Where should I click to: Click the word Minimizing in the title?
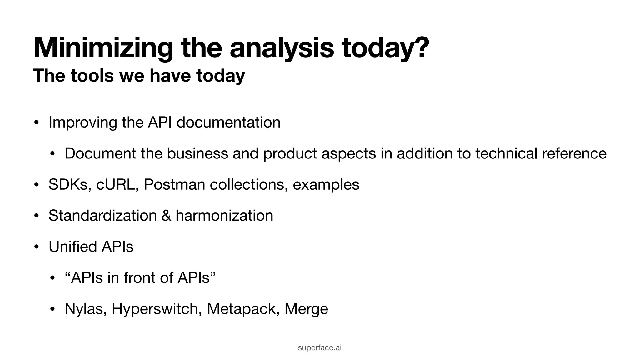click(103, 48)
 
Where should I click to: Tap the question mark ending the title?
click(420, 47)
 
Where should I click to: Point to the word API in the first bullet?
click(160, 122)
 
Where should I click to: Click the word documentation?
click(228, 122)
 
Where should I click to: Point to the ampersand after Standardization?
click(166, 216)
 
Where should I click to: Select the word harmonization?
click(224, 216)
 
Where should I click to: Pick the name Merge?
click(306, 309)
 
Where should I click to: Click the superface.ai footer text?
click(320, 347)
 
